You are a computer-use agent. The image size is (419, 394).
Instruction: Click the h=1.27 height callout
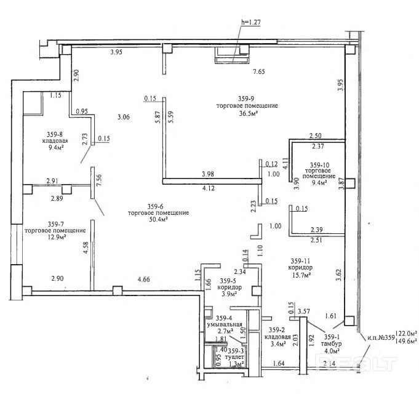click(250, 22)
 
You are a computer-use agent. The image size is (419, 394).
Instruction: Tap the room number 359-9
click(246, 98)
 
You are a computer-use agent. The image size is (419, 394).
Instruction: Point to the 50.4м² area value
click(159, 220)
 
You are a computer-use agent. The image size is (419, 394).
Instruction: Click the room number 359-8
click(55, 134)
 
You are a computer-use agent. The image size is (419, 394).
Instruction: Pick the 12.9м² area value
click(57, 237)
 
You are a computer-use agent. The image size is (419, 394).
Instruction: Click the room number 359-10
click(320, 165)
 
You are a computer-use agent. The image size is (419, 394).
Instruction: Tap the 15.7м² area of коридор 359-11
click(301, 275)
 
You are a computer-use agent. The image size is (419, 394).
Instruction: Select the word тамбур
click(332, 344)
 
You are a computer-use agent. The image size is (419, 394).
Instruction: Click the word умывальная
click(225, 324)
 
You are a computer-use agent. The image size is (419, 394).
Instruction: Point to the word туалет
click(234, 357)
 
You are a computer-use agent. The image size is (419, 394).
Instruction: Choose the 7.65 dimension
click(259, 71)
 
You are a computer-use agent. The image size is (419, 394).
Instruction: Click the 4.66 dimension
click(144, 279)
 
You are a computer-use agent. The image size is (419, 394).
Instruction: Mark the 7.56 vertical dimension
click(98, 181)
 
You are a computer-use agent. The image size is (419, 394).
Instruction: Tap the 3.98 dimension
click(208, 174)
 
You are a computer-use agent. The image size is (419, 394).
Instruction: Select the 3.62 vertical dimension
click(339, 275)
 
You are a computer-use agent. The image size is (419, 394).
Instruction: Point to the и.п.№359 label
click(381, 337)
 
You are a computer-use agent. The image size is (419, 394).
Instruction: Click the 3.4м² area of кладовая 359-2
click(277, 344)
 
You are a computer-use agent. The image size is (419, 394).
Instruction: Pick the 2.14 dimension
click(330, 363)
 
